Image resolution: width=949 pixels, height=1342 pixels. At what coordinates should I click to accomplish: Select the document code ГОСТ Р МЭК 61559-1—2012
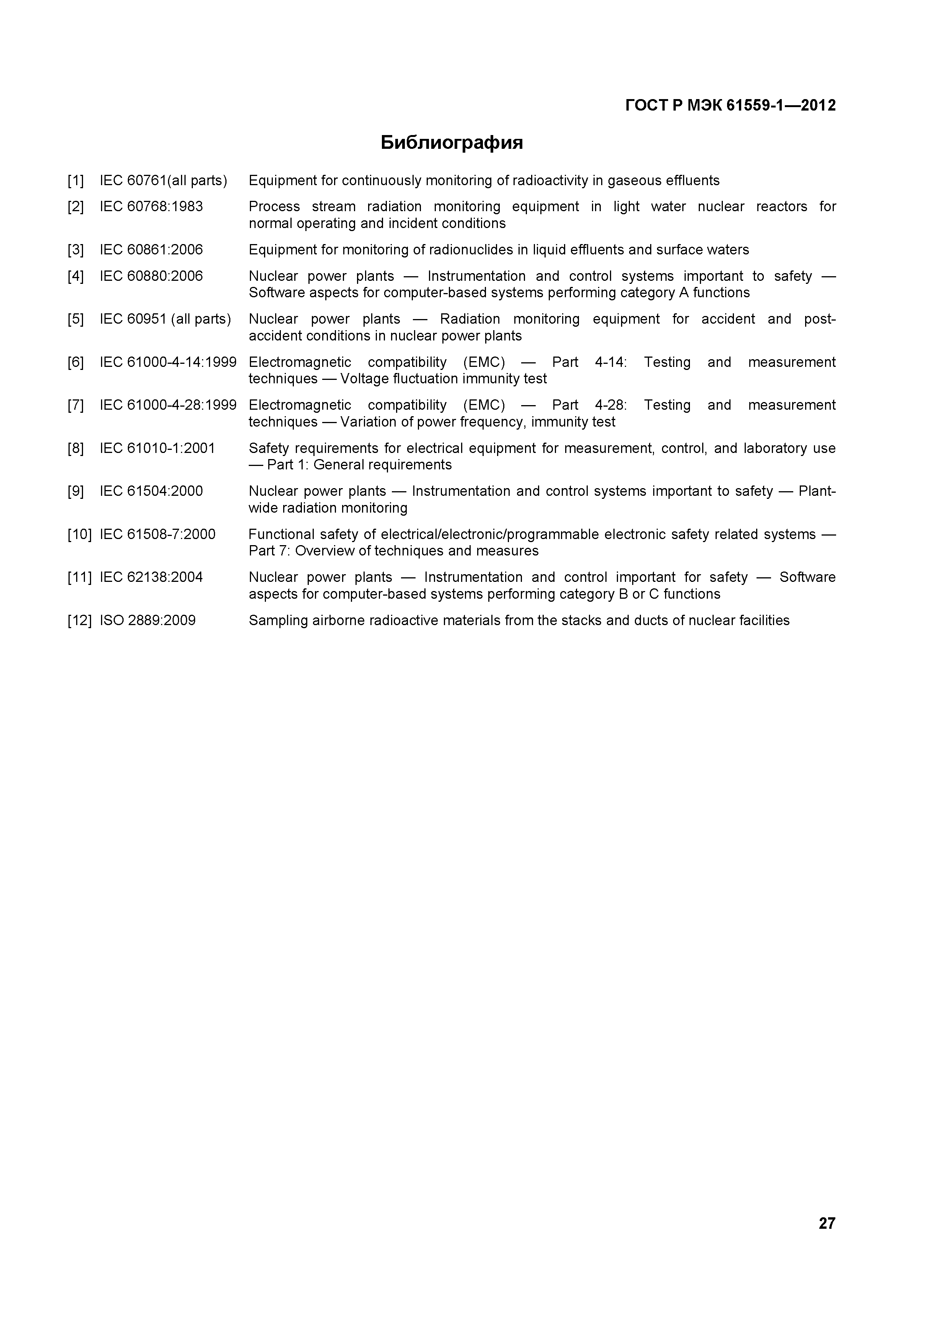coord(731,105)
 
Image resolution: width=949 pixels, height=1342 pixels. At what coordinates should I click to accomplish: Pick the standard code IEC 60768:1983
coord(152,206)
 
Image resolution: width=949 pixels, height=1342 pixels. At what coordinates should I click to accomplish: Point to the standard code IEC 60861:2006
coord(152,249)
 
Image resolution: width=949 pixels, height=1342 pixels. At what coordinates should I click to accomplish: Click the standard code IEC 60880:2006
coord(152,276)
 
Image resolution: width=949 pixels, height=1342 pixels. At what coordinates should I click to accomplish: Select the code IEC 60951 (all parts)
coord(165,319)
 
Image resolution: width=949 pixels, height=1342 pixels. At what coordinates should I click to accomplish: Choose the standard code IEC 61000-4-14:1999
coord(168,362)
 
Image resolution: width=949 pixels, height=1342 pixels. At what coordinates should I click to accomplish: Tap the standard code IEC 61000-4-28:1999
coord(168,405)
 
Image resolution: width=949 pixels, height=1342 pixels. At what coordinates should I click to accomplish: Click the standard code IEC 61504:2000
coord(152,491)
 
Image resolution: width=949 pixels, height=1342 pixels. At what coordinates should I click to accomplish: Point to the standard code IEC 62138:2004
coord(152,578)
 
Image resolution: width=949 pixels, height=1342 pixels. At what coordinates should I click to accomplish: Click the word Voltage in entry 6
coord(364,379)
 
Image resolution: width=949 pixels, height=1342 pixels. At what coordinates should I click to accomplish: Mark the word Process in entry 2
coord(274,206)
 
